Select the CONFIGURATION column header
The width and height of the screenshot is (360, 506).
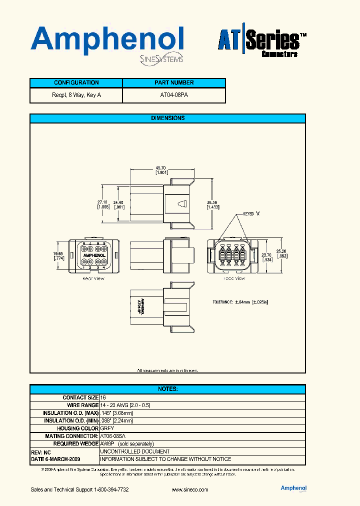[76, 83]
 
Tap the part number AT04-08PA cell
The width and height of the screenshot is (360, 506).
[174, 95]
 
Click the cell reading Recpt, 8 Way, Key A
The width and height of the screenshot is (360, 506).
[76, 95]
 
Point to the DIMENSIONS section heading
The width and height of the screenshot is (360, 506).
[167, 118]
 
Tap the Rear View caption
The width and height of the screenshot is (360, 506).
[93, 278]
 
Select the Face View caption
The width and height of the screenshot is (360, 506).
[234, 278]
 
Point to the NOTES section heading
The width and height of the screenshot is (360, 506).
[167, 389]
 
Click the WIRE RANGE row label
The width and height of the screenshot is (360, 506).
[83, 405]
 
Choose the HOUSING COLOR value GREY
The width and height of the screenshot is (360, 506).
[107, 428]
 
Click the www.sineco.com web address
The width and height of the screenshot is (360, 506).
[189, 490]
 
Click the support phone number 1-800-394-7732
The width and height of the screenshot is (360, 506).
[111, 490]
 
